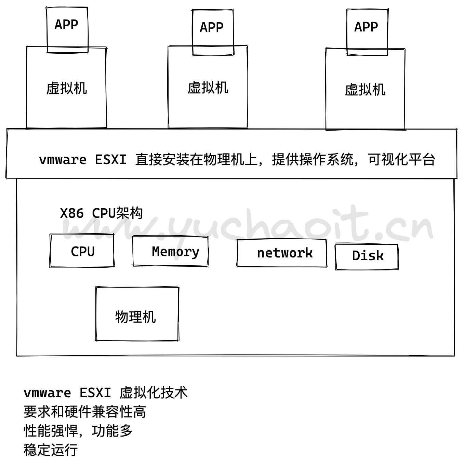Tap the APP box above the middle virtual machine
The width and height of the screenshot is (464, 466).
coord(212,32)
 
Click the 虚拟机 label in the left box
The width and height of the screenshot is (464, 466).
coord(67,88)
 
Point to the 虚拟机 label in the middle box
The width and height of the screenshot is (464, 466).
coord(208,88)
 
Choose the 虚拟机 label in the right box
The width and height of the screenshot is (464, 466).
coord(365,90)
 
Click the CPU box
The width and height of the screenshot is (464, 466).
coord(82,251)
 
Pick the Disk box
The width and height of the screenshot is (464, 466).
coord(367,256)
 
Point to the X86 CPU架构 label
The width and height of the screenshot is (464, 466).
coord(101,213)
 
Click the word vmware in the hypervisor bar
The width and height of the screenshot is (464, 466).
coord(63,160)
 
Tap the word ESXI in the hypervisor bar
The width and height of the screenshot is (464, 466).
coord(110,160)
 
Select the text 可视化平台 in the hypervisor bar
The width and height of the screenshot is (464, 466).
coord(401,160)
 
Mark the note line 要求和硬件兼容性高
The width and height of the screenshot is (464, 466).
coord(85,412)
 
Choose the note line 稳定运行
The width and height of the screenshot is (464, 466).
coord(51,450)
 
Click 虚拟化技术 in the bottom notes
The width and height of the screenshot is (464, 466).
coord(154,392)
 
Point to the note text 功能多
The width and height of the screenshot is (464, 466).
coord(112,431)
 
